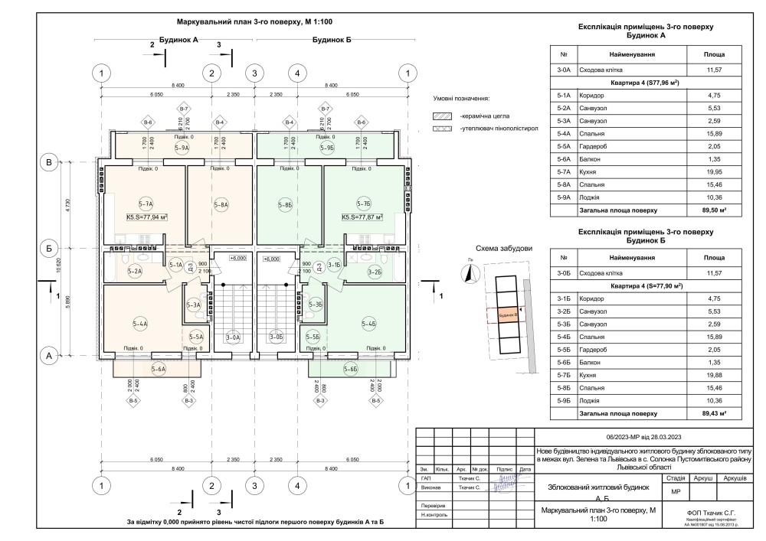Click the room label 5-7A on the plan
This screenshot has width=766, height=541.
coord(146,204)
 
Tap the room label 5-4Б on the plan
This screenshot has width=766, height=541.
coord(370,324)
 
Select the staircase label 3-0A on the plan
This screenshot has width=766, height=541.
coord(233,337)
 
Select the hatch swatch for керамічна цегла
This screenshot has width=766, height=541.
coord(442,116)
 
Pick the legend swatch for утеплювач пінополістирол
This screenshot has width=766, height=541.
coord(442,129)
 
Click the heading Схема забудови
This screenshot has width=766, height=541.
coord(503,249)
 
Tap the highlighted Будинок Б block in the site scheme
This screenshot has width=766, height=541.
coord(506,314)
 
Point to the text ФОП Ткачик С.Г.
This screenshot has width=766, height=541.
coord(712,511)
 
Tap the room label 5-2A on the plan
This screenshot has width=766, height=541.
coord(136,271)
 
